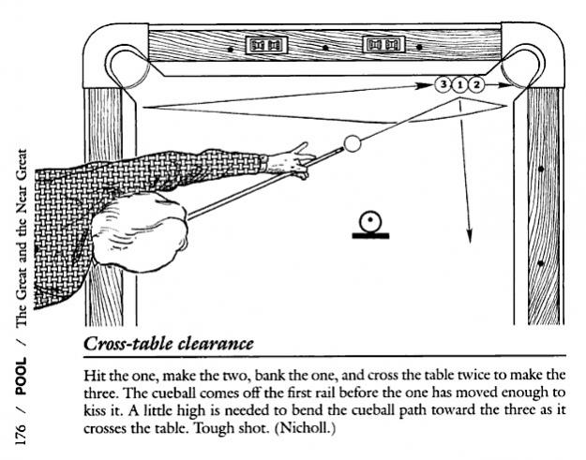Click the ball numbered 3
click(x=443, y=84)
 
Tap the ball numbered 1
click(x=460, y=84)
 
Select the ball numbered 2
click(x=477, y=84)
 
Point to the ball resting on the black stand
click(x=371, y=221)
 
